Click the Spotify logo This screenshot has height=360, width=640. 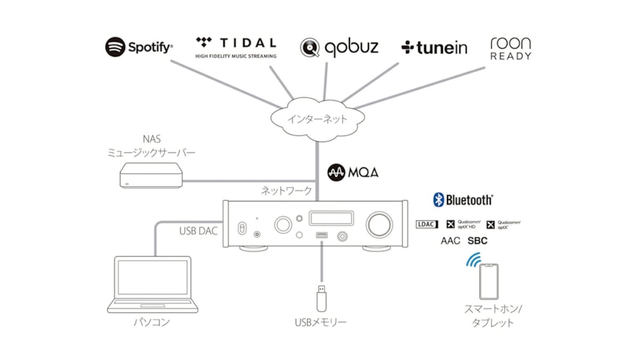[x=139, y=47]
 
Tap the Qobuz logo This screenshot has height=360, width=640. [x=339, y=47]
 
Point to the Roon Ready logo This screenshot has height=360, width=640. [x=510, y=48]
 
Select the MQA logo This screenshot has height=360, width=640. [x=353, y=173]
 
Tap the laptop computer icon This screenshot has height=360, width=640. [x=153, y=284]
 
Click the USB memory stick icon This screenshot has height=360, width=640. [x=322, y=299]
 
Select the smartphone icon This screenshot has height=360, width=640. [x=488, y=282]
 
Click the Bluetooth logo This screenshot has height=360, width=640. [x=462, y=200]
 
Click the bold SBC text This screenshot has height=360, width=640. [x=477, y=241]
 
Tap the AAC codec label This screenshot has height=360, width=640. [x=450, y=241]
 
